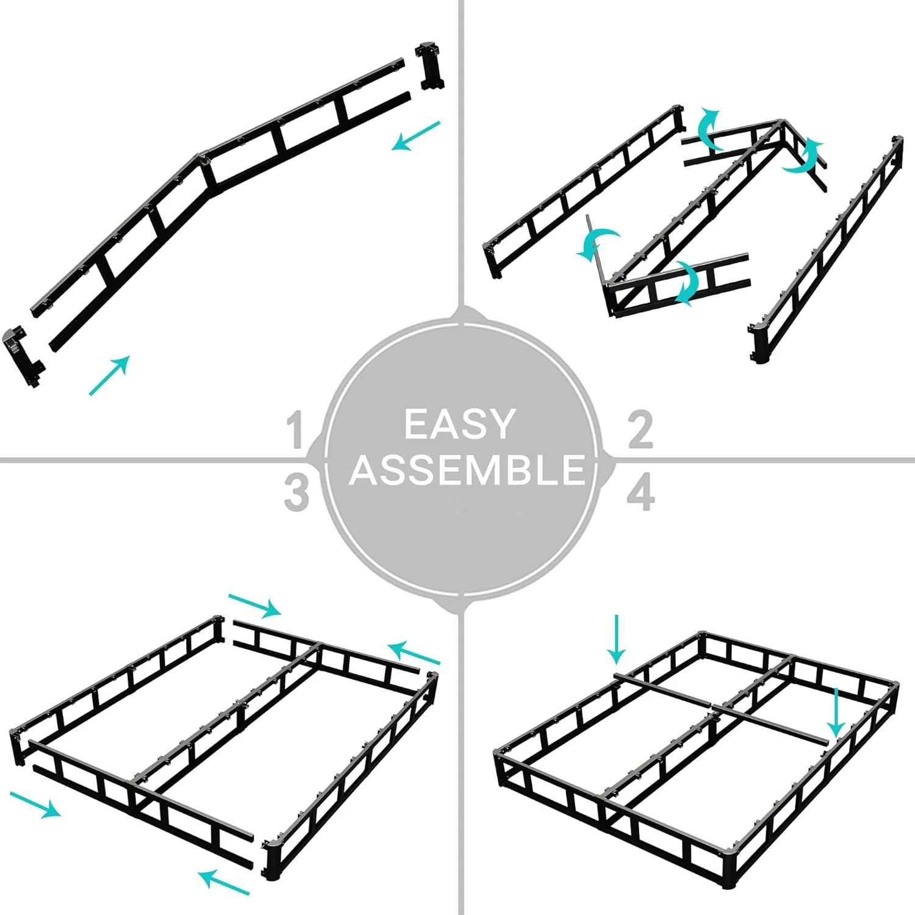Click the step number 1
(296, 430)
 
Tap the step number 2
(640, 430)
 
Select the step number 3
(296, 493)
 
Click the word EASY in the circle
(459, 425)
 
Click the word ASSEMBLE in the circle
(467, 470)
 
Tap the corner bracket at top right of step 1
(429, 66)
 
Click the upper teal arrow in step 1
(416, 135)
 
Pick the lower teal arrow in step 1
(110, 375)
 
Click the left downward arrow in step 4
(617, 639)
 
